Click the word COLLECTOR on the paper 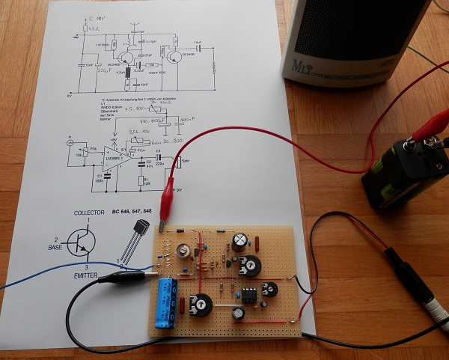88,213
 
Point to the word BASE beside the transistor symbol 53,246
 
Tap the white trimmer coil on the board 181,251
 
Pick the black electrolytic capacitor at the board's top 239,241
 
